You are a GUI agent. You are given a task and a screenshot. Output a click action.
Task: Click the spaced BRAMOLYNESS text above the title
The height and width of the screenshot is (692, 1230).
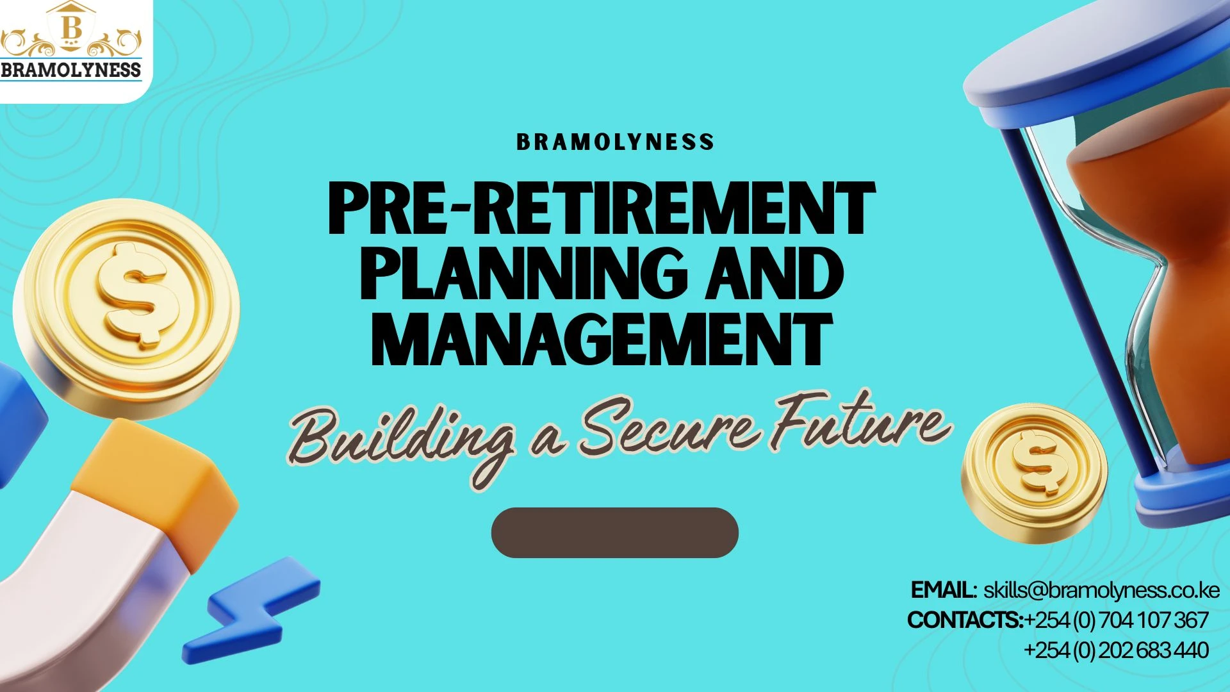pyautogui.click(x=615, y=142)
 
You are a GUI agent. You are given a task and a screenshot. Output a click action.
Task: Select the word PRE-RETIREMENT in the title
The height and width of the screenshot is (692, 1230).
pyautogui.click(x=601, y=209)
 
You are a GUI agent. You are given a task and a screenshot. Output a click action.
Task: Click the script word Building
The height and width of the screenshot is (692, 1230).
pyautogui.click(x=400, y=439)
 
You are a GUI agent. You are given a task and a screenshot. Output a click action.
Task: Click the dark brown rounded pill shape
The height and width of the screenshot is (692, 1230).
pyautogui.click(x=614, y=532)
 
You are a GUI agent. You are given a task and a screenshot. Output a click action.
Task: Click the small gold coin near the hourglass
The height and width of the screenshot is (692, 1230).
pyautogui.click(x=1033, y=473)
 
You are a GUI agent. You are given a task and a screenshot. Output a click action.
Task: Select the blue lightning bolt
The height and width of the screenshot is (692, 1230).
pyautogui.click(x=256, y=609)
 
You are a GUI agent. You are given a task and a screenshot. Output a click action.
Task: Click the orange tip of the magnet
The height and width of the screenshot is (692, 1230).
pyautogui.click(x=154, y=487)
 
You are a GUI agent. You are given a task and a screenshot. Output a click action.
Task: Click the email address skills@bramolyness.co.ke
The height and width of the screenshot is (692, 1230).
pyautogui.click(x=1101, y=590)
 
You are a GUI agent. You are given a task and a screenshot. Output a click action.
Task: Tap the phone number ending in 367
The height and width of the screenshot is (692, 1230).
pyautogui.click(x=1116, y=620)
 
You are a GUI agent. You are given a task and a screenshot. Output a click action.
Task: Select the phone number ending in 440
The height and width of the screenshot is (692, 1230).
pyautogui.click(x=1116, y=650)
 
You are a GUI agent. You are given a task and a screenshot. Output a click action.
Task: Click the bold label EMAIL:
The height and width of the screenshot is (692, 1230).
pyautogui.click(x=943, y=590)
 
